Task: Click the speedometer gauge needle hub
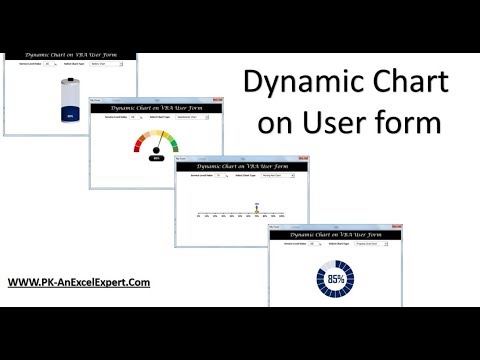156,150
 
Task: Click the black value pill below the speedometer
156,158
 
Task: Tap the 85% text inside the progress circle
333,279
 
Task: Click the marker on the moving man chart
257,209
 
